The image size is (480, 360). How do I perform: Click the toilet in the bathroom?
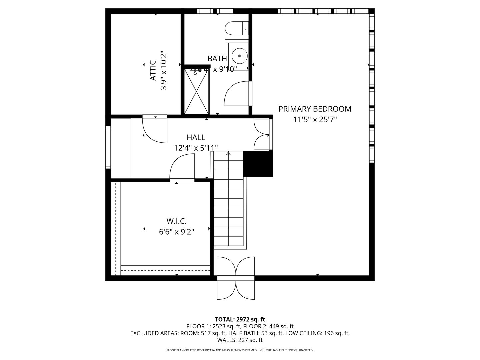tap(236, 28)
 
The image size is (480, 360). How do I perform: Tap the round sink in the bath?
tap(239, 56)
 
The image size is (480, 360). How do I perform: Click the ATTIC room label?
tap(153, 70)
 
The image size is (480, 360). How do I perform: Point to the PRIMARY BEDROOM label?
tap(315, 109)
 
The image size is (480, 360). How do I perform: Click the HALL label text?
tap(196, 137)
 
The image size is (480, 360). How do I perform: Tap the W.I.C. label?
tap(176, 221)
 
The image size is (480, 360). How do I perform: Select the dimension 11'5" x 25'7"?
tap(315, 120)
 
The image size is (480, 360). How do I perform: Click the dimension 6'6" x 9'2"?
tap(176, 232)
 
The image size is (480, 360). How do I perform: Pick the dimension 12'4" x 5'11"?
tap(196, 148)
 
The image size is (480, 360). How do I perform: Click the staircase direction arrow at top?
tap(228, 154)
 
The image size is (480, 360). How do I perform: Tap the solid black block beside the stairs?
tap(258, 164)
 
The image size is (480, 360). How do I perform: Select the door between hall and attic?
tap(155, 129)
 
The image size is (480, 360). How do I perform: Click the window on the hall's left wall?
tap(108, 146)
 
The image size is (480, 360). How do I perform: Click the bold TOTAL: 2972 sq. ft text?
tap(240, 320)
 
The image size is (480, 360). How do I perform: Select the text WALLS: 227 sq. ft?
tap(240, 340)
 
